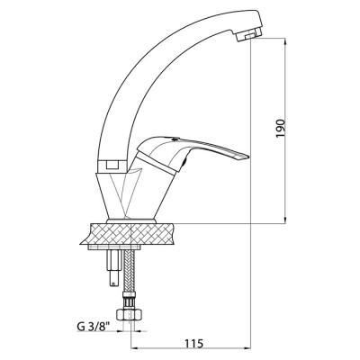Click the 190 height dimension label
point(280,129)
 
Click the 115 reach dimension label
point(193,343)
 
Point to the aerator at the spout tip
point(247,36)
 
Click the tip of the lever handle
point(247,157)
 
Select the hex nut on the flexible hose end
point(129,315)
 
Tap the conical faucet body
point(132,196)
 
